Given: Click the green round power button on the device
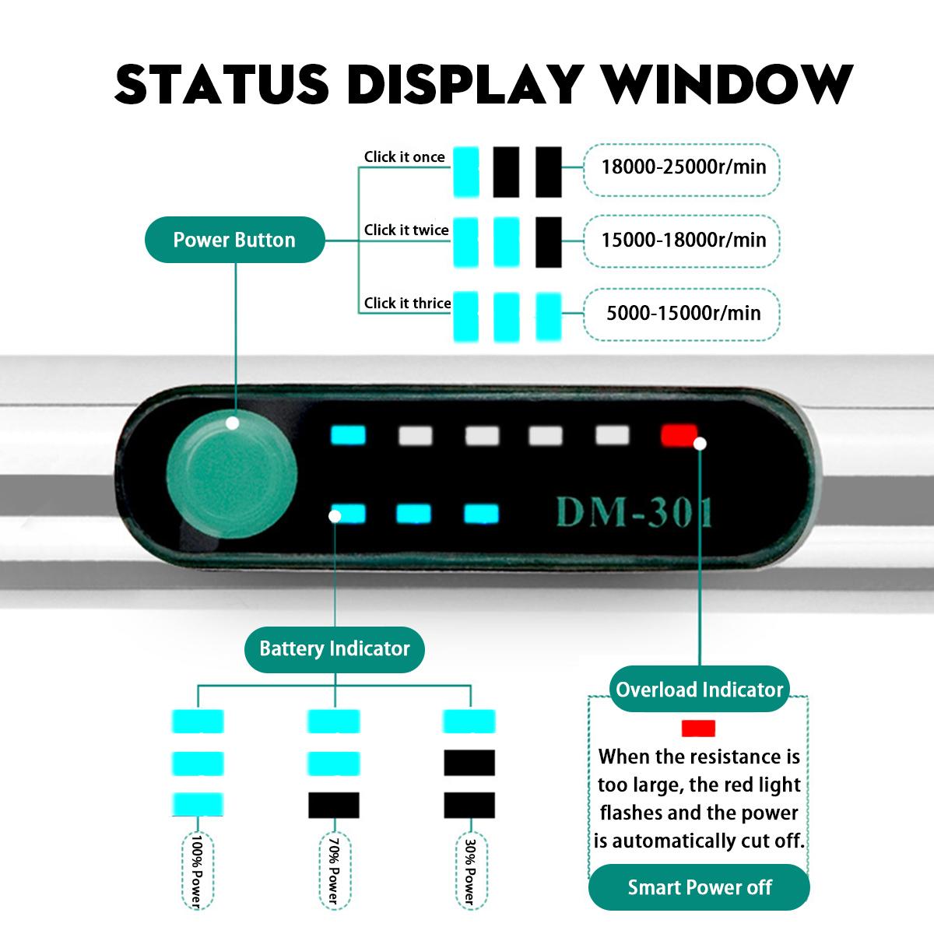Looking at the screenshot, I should [231, 473].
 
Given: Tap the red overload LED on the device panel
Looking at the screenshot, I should [679, 434].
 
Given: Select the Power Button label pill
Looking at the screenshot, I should [234, 240].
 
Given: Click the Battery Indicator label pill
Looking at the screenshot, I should [335, 648].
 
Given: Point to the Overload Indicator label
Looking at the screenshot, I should [699, 690].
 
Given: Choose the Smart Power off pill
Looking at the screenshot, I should [699, 887].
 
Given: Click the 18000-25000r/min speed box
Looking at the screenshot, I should [683, 167].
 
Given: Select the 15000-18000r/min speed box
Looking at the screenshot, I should [683, 240].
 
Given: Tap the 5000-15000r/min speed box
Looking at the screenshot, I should [683, 314].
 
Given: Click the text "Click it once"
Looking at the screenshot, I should [404, 157].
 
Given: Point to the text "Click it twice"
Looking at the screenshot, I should [406, 230].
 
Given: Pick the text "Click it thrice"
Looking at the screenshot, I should [407, 304].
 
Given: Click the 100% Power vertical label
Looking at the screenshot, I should [196, 871].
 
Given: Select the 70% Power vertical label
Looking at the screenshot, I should [333, 871].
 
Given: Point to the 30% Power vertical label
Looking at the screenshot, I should [469, 871].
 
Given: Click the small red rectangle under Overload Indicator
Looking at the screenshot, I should [698, 729].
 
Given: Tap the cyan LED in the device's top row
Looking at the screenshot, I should [348, 434].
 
